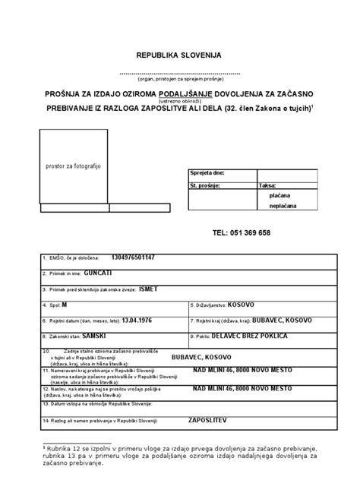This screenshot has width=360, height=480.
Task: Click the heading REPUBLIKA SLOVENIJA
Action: (x=180, y=56)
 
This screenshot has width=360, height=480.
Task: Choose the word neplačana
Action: (x=283, y=206)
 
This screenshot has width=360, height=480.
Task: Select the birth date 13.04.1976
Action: (x=142, y=321)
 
